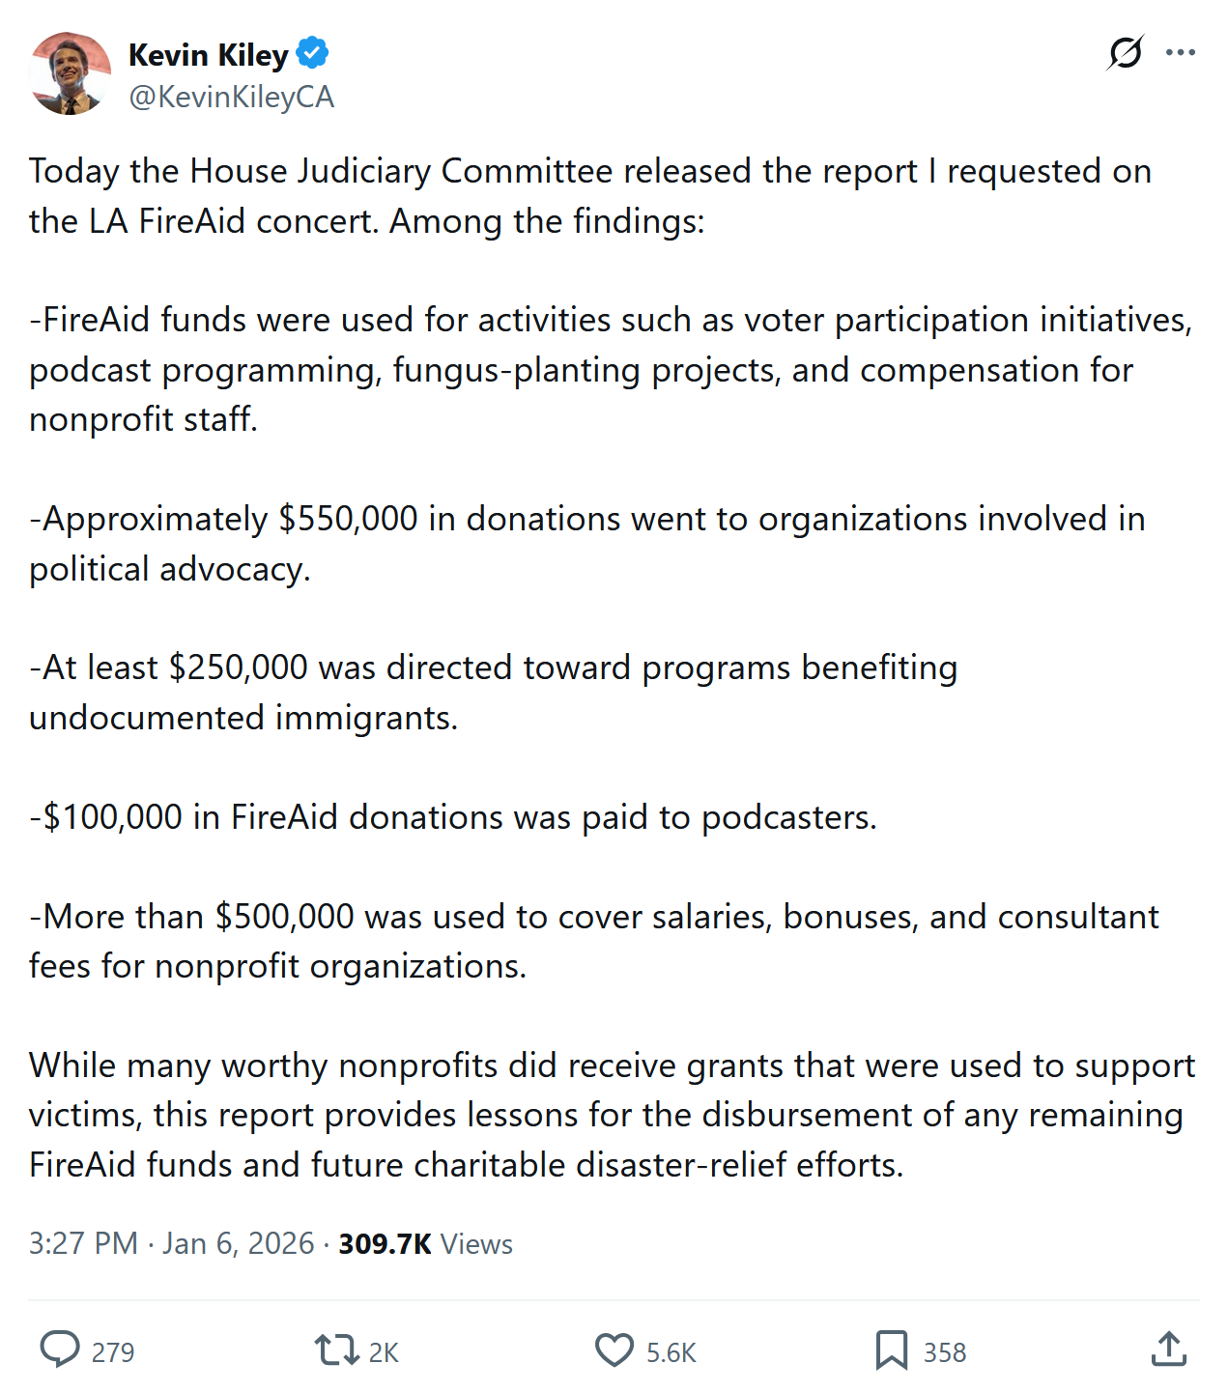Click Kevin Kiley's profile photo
pyautogui.click(x=70, y=74)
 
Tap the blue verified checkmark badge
pyautogui.click(x=312, y=53)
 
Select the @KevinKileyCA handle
pyautogui.click(x=231, y=97)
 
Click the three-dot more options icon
pyautogui.click(x=1180, y=53)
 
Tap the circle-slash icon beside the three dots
pyautogui.click(x=1126, y=53)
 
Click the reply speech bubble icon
pyautogui.click(x=60, y=1349)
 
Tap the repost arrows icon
pyautogui.click(x=336, y=1349)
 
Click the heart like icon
pyautogui.click(x=614, y=1349)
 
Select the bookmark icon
pyautogui.click(x=891, y=1349)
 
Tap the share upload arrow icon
pyautogui.click(x=1168, y=1349)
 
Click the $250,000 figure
pyautogui.click(x=238, y=668)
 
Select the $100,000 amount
pyautogui.click(x=113, y=817)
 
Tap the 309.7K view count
pyautogui.click(x=385, y=1243)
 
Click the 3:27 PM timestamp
pyautogui.click(x=83, y=1243)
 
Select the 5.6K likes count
pyautogui.click(x=671, y=1352)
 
